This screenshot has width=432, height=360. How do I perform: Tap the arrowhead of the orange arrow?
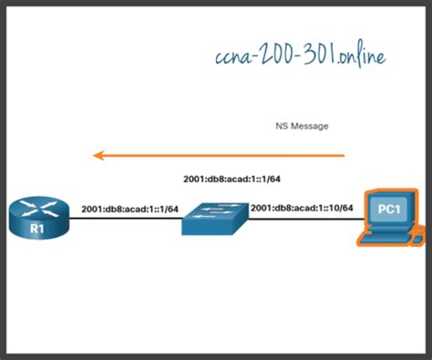(x=99, y=156)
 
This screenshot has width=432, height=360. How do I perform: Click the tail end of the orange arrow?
(x=344, y=156)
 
